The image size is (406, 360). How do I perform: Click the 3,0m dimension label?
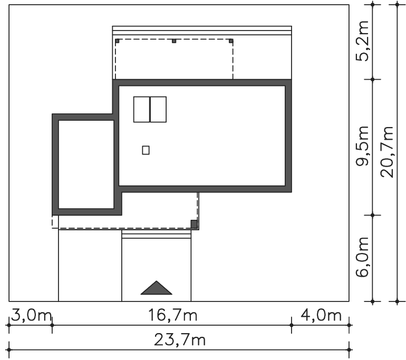tap(31, 316)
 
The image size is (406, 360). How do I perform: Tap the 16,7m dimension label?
tap(172, 316)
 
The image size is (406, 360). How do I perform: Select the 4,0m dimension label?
tap(321, 316)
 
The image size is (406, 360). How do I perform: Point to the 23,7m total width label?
tap(180, 340)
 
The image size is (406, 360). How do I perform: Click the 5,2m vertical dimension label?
tap(362, 41)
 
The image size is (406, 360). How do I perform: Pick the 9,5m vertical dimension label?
tap(362, 145)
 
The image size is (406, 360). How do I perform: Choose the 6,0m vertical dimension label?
tap(362, 257)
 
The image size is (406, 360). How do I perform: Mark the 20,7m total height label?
tap(387, 152)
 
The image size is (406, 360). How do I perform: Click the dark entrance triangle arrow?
tap(157, 288)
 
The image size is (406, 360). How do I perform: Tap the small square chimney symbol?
tap(146, 150)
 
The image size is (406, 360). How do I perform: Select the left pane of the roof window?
tap(142, 110)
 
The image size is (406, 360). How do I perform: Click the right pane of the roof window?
tap(158, 110)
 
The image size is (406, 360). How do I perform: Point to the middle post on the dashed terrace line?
tap(174, 41)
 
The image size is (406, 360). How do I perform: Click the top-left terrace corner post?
tap(117, 41)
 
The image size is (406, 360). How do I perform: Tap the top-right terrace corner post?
tap(231, 41)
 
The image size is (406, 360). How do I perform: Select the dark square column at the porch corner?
tap(194, 224)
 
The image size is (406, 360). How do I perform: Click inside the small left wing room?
tap(86, 164)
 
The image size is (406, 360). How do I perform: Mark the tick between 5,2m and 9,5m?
tap(373, 79)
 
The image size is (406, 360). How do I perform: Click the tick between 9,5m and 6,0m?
tap(373, 215)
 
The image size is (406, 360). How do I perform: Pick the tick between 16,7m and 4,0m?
tap(292, 325)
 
